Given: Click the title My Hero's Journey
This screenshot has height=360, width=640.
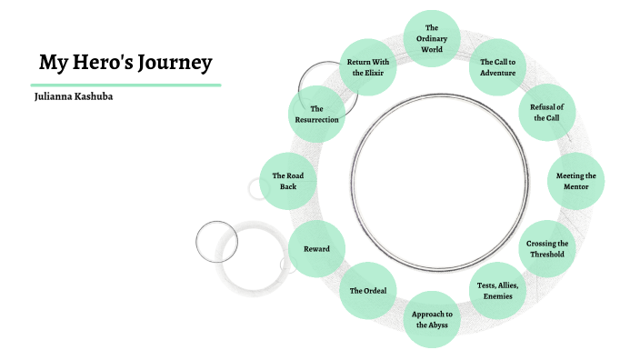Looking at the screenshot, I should (125, 63).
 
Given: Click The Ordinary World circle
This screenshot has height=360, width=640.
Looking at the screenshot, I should (432, 38).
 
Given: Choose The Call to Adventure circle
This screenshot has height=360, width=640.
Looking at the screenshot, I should (498, 67).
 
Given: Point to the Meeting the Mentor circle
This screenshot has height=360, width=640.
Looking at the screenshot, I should (575, 180).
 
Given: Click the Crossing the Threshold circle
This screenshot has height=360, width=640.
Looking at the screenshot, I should (547, 248).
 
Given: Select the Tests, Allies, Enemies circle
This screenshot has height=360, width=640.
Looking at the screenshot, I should (498, 291).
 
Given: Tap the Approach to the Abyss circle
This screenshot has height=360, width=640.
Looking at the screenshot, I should (432, 319).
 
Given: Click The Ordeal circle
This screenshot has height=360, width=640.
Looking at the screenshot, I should (368, 290).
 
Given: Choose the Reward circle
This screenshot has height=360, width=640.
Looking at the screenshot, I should (317, 248).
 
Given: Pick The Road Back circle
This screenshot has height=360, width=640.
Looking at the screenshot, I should (288, 180).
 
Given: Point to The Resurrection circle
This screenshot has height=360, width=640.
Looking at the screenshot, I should (317, 115).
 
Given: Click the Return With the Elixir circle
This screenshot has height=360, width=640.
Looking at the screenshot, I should (368, 67).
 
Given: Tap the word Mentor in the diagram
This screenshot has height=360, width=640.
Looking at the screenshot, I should (575, 186).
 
